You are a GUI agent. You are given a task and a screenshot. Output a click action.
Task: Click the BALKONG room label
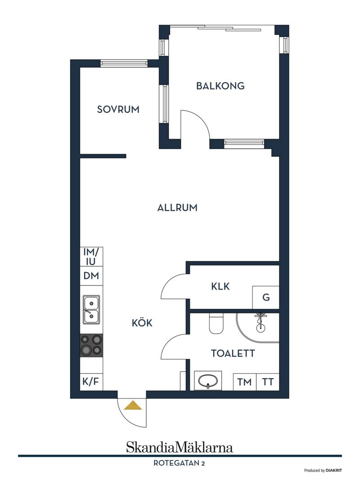pos(220,86)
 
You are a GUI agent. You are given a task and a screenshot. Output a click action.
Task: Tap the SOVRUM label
pos(118,109)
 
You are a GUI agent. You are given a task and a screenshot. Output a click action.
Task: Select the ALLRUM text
pos(177,208)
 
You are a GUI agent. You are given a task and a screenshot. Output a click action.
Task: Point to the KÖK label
pos(142,323)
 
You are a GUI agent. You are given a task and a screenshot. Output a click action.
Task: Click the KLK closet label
pos(220,286)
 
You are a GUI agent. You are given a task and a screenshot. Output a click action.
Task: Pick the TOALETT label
pos(233,353)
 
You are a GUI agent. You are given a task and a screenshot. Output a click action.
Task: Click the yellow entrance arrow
pos(133,406)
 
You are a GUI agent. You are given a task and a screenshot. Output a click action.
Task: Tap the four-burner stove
pos(91,345)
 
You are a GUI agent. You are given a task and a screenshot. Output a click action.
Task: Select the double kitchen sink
pos(91,310)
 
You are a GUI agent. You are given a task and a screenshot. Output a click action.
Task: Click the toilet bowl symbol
pos(216,324)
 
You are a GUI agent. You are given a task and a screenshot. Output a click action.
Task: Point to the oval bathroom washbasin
pos(208,380)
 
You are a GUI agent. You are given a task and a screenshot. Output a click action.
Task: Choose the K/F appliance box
pos(91,381)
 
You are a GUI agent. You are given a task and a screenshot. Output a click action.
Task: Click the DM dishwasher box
pos(91,276)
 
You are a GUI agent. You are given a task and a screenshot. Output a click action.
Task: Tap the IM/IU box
pos(91,257)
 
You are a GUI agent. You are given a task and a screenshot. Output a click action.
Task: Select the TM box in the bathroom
pos(244,382)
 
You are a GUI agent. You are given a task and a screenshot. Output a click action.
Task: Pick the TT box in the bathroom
pos(268,382)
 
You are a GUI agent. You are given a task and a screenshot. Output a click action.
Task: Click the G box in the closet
pos(266,297)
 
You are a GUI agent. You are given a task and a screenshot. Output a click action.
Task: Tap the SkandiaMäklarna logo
pos(180,447)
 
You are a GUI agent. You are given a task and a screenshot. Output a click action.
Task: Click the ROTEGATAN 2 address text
pos(179,463)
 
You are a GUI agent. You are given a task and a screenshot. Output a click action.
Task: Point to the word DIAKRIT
pos(333,471)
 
